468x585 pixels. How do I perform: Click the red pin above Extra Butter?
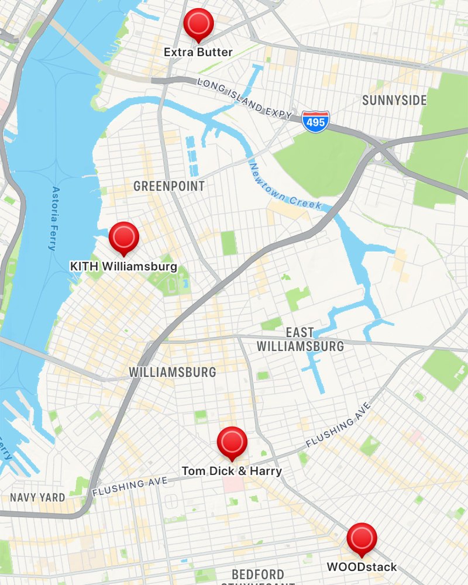click(x=198, y=23)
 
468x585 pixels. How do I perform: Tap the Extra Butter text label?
click(x=198, y=52)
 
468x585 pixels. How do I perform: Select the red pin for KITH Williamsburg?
click(x=123, y=236)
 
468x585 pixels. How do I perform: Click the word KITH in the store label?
click(x=84, y=266)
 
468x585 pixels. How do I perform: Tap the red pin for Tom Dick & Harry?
click(x=232, y=441)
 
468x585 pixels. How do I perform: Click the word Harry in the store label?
click(x=267, y=470)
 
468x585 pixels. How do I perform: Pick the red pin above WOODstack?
click(x=362, y=537)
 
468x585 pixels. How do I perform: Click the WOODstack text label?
click(x=362, y=566)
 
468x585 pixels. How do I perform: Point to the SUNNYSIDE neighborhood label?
click(x=394, y=100)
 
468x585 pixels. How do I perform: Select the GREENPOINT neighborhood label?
click(x=169, y=186)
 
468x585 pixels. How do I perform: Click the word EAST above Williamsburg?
click(x=300, y=332)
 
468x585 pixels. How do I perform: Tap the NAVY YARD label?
click(x=37, y=498)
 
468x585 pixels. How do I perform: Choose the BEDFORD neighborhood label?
click(x=258, y=574)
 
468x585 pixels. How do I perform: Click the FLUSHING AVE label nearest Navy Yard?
click(x=129, y=484)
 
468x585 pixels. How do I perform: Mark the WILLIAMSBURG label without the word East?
click(x=173, y=372)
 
